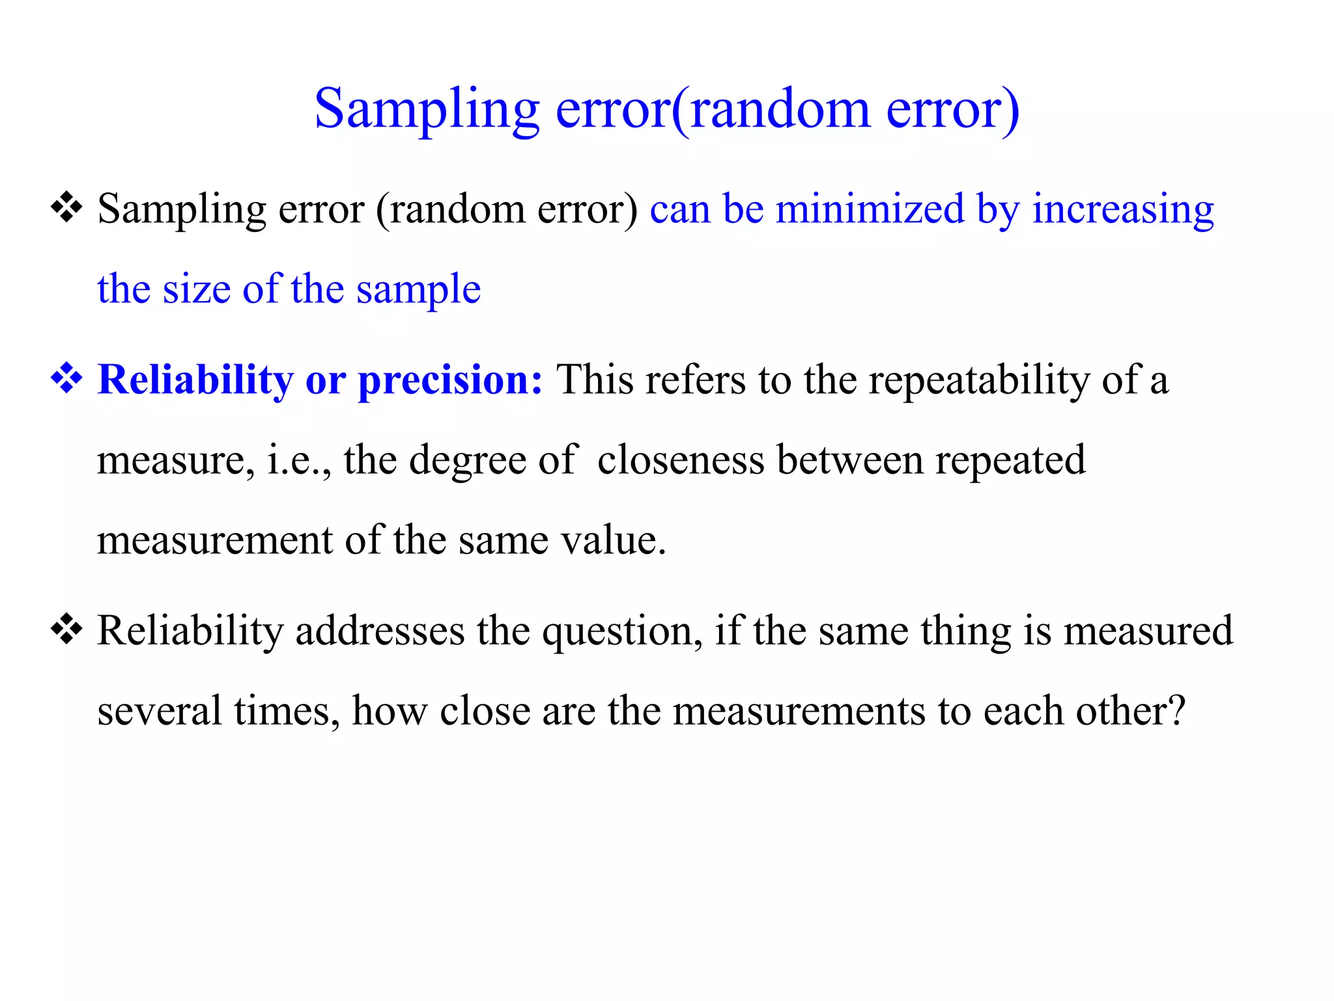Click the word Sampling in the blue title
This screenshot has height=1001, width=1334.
(x=427, y=109)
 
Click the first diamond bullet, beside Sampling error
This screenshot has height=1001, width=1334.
(x=66, y=209)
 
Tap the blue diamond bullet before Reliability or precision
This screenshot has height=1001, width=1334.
(x=66, y=379)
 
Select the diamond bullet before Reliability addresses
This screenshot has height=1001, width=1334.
(x=66, y=630)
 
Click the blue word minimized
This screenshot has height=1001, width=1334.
(x=870, y=210)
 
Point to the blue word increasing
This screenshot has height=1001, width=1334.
(x=1123, y=210)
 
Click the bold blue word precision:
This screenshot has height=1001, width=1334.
(x=450, y=380)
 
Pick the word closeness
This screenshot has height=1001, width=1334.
(x=681, y=460)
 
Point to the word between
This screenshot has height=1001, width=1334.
(x=850, y=460)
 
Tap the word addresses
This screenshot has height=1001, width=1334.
(x=380, y=631)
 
